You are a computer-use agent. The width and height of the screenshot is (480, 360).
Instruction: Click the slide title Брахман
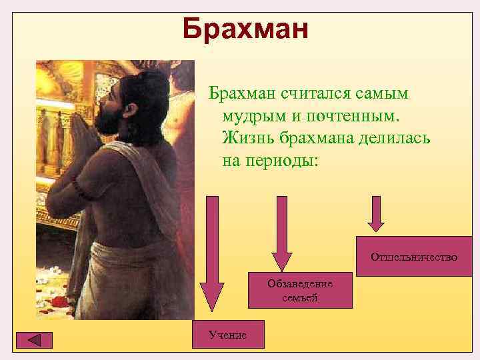245,29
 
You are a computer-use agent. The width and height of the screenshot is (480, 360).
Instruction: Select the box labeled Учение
227,334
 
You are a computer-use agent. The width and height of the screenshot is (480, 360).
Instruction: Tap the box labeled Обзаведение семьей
300,290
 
